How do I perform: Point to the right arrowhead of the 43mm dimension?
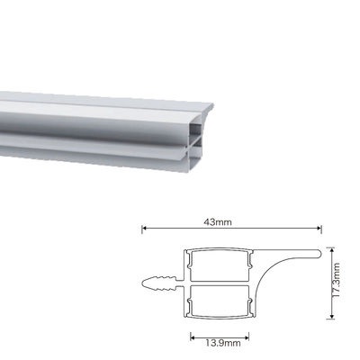321,229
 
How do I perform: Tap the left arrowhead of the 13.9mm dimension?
192,335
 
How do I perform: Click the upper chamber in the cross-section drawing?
219,265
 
